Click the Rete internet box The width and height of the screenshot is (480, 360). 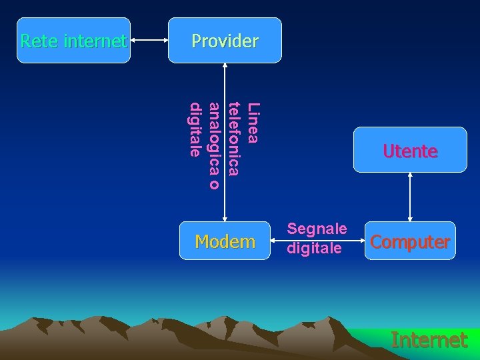(x=73, y=41)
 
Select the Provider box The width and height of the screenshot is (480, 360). (x=225, y=41)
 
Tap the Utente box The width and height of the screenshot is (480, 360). (x=410, y=150)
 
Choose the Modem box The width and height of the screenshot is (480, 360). (x=225, y=241)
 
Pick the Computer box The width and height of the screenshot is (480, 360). (x=410, y=241)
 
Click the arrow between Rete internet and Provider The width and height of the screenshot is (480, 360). (x=149, y=41)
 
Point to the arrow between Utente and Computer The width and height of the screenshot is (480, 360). (x=410, y=197)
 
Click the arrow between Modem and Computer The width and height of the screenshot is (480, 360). (x=317, y=255)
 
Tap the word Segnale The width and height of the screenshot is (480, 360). (x=317, y=229)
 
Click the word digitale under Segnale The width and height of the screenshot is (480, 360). (x=314, y=248)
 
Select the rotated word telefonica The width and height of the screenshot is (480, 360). (x=234, y=139)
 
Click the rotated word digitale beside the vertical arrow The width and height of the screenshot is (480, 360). (x=195, y=129)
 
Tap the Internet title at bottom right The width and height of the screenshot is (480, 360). (x=429, y=340)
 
